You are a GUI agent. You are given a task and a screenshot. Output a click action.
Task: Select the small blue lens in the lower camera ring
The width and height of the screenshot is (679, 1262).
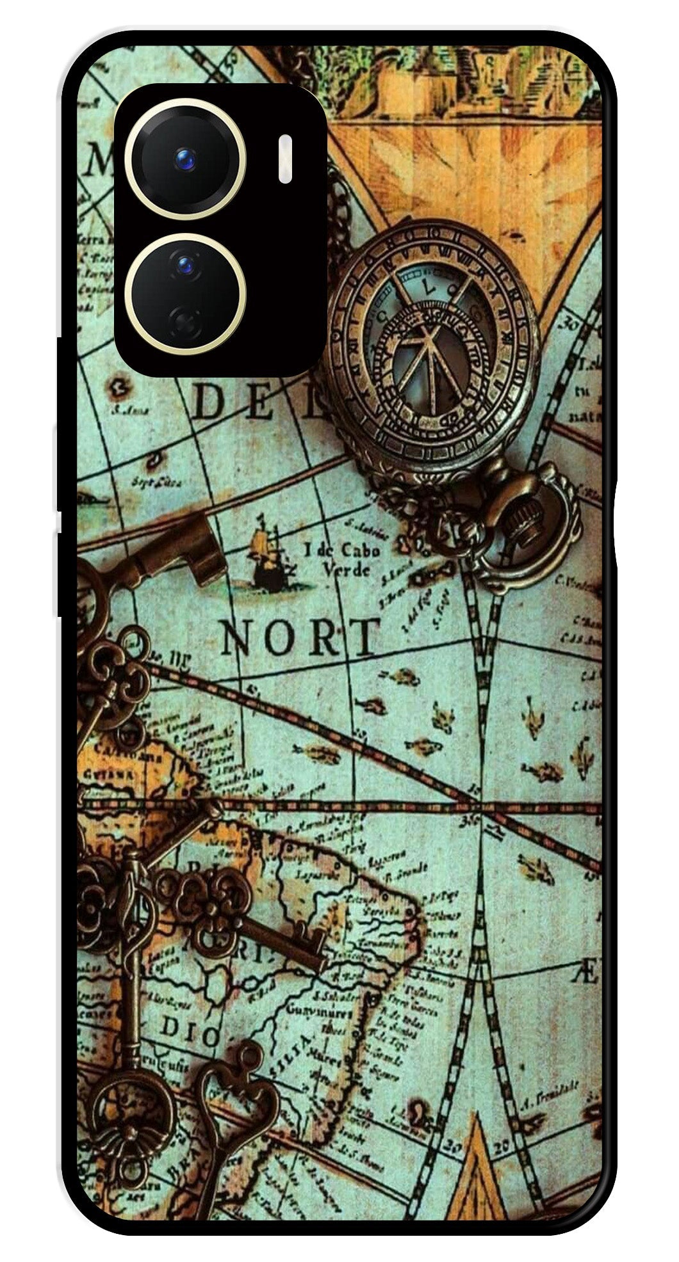pos(185,264)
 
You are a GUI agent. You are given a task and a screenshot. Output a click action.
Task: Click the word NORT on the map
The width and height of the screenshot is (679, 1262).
pos(300,637)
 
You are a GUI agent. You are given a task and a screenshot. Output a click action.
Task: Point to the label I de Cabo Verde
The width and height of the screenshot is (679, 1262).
pos(341,558)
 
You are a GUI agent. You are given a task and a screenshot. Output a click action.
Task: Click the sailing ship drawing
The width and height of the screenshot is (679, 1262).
pos(268,554)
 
